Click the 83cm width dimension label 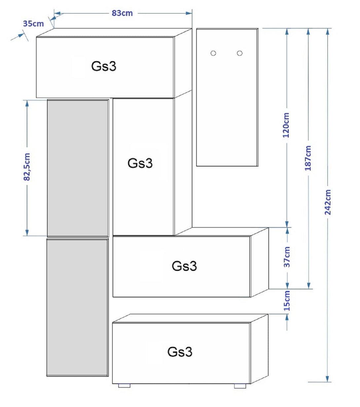pyautogui.click(x=122, y=13)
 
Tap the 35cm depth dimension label pyautogui.click(x=33, y=24)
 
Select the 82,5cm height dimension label pyautogui.click(x=27, y=167)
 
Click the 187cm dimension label pyautogui.click(x=308, y=158)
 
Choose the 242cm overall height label pyautogui.click(x=328, y=202)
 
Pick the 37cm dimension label pyautogui.click(x=287, y=257)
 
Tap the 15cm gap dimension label pyautogui.click(x=287, y=301)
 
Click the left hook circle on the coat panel pyautogui.click(x=213, y=53)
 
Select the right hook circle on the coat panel pyautogui.click(x=239, y=53)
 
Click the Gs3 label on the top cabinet pyautogui.click(x=104, y=66)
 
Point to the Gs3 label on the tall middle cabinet pyautogui.click(x=140, y=163)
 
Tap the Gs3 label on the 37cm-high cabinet pyautogui.click(x=184, y=266)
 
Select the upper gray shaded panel pyautogui.click(x=78, y=168)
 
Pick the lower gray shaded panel pyautogui.click(x=78, y=307)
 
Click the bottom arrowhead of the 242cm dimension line pyautogui.click(x=327, y=379)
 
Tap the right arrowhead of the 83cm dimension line pyautogui.click(x=189, y=13)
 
